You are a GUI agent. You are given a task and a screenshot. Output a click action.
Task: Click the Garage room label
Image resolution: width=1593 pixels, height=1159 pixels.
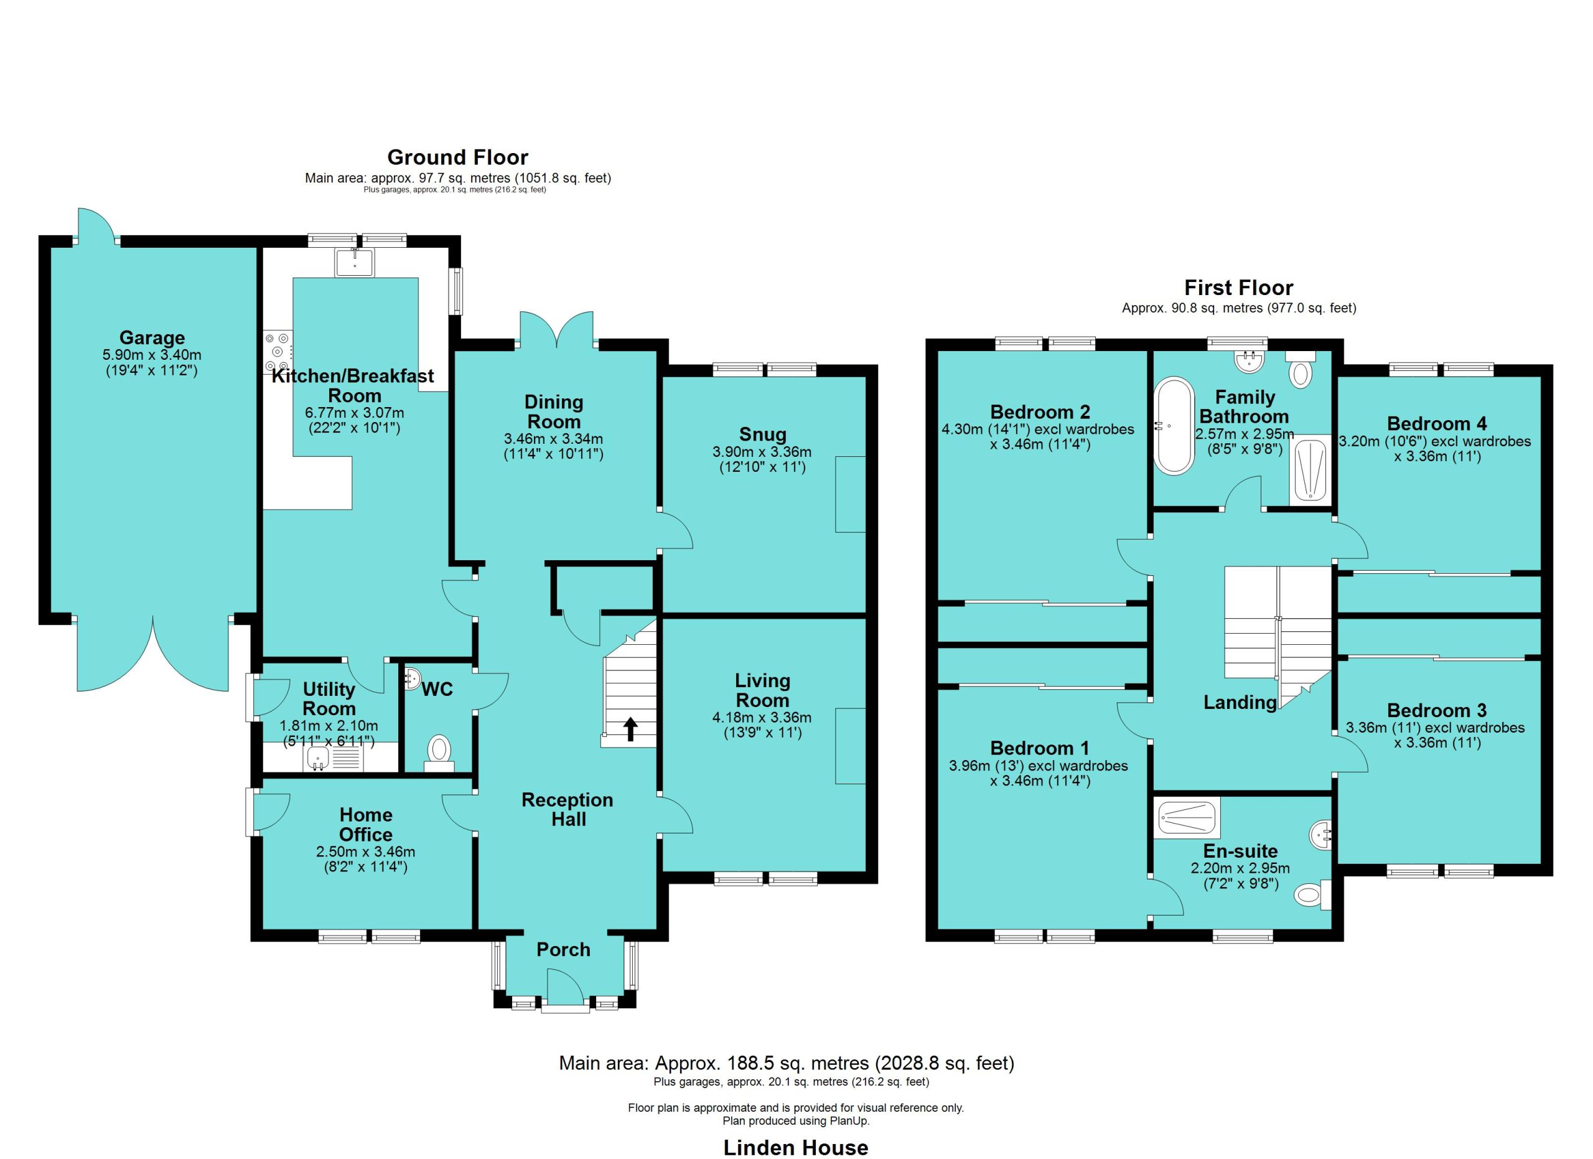(152, 337)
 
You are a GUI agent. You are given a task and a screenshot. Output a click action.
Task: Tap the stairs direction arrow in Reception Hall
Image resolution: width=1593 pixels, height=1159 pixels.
(630, 729)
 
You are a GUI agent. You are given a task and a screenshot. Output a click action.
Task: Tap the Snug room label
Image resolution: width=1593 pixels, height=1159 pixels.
(762, 435)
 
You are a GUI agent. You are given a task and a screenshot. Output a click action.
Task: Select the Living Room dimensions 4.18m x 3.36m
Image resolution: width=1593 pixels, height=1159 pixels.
(762, 717)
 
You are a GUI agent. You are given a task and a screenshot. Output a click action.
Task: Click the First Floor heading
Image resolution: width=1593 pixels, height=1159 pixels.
(1239, 288)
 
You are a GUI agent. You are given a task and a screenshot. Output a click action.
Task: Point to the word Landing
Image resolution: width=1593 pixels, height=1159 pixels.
(1240, 701)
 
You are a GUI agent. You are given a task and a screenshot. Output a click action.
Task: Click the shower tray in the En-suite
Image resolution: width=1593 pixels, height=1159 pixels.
(1188, 818)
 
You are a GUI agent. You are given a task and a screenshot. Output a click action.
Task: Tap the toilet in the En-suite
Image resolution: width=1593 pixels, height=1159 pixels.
(1313, 895)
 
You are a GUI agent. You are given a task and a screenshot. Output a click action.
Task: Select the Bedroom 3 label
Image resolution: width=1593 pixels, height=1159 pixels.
(1436, 710)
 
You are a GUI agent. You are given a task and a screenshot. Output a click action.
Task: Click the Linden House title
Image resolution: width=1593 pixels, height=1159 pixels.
(796, 1147)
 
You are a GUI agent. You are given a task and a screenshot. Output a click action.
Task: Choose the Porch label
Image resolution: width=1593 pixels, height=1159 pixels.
(563, 950)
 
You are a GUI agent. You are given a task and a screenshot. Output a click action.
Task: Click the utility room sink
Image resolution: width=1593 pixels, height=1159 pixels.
(319, 758)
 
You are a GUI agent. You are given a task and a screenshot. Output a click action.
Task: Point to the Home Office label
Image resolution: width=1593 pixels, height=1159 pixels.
(366, 825)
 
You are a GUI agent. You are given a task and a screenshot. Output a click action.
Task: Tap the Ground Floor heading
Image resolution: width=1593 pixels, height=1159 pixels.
(458, 157)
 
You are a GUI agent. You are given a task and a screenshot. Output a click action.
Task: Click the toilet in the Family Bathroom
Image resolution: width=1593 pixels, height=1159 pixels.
(1300, 370)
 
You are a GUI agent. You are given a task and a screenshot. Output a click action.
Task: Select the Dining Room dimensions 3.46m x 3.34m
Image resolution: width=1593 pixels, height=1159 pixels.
(553, 439)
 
